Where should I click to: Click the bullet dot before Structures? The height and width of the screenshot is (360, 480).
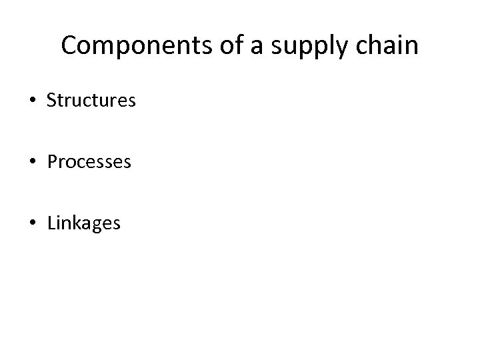(34, 101)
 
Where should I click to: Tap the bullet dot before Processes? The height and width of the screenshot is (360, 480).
(34, 162)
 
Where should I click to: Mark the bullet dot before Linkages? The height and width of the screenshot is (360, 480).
(34, 223)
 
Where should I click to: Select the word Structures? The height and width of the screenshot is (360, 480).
(91, 101)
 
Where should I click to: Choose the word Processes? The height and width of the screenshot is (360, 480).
(89, 162)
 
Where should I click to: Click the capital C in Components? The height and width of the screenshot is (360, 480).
(68, 46)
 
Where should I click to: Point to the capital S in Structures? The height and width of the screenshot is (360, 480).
(52, 101)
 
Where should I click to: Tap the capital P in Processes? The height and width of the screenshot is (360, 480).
(52, 162)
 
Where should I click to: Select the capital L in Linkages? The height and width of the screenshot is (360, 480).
(51, 223)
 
